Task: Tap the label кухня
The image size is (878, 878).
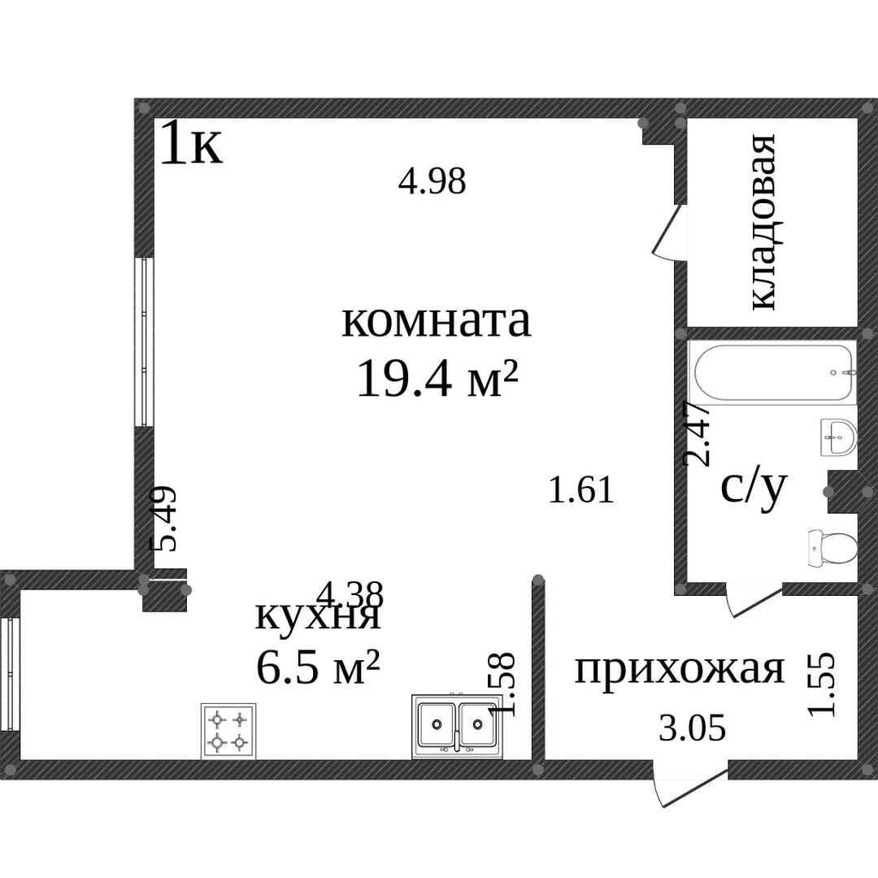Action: click(x=318, y=615)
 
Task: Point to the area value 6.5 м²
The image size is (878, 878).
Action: click(x=318, y=668)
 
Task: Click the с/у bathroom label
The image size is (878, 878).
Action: click(x=754, y=488)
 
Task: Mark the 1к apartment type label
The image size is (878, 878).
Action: click(x=190, y=145)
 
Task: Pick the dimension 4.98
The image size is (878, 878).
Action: click(x=432, y=181)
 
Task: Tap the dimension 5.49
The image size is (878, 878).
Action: click(x=164, y=519)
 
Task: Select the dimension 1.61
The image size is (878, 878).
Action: click(x=580, y=490)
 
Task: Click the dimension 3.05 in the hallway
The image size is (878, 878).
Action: click(x=691, y=728)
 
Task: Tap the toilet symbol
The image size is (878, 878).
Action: click(x=832, y=548)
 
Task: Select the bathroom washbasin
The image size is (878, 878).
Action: click(x=837, y=440)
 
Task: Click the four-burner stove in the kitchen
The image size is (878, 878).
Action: click(x=228, y=730)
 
